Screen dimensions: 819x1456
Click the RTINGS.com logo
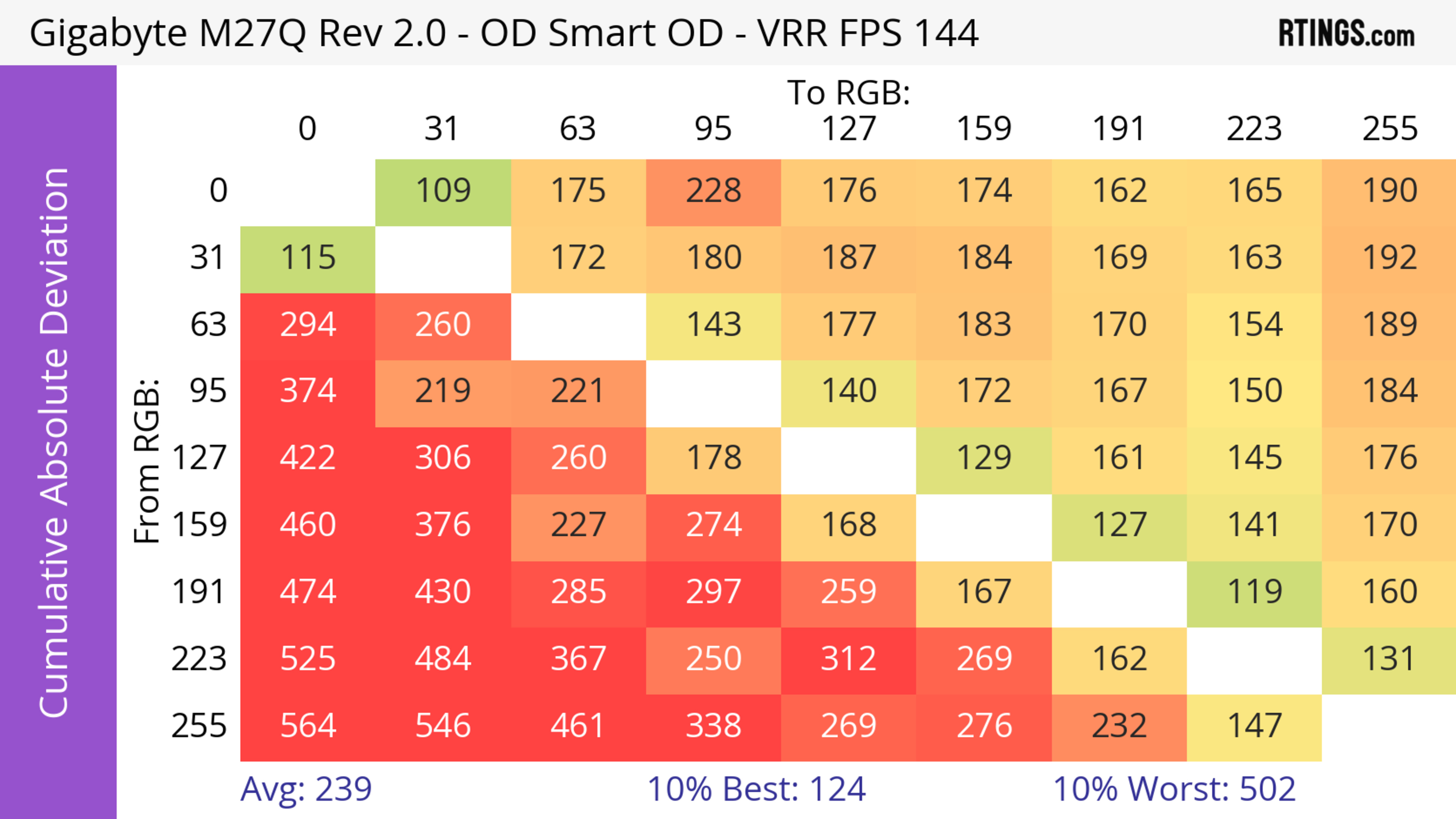coord(1346,33)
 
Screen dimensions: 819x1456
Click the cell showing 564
coord(308,726)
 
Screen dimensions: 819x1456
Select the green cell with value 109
coord(443,191)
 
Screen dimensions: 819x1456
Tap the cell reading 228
coord(713,191)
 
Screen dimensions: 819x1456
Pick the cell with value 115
coord(308,258)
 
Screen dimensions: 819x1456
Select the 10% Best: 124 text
coord(756,789)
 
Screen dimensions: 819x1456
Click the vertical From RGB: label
coord(147,461)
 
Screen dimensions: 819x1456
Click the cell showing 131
coord(1389,659)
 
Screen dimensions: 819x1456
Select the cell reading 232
coord(1119,726)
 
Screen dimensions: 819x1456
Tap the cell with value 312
coord(849,659)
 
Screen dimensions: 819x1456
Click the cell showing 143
coord(713,325)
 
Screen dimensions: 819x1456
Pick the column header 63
coord(577,129)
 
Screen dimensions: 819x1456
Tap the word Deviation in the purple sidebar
coord(55,251)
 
